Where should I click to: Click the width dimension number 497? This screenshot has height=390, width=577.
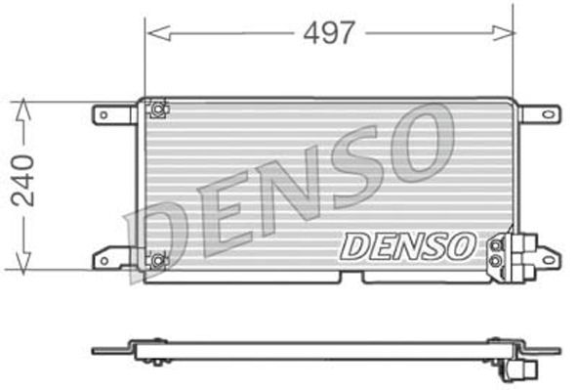328,32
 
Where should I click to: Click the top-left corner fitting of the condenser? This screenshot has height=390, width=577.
157,108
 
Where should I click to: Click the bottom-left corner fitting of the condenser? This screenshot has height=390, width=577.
157,260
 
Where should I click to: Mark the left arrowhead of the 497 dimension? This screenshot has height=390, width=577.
152,33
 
